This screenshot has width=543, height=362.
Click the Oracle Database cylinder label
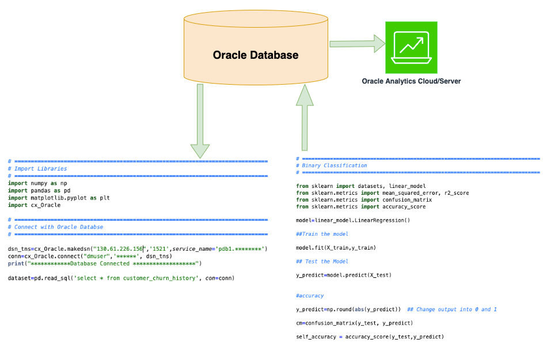(256, 55)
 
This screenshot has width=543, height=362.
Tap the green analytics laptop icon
(411, 47)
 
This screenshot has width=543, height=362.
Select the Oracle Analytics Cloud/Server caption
(411, 81)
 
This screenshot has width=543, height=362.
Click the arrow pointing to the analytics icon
(358, 44)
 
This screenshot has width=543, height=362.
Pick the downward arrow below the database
(200, 121)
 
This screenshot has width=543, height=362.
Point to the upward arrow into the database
(305, 118)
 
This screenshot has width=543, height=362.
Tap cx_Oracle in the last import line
(45, 205)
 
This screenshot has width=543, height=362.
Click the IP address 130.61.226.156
(119, 249)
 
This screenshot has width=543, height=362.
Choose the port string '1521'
(160, 249)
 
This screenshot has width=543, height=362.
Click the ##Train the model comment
(322, 234)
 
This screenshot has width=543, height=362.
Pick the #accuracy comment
(310, 296)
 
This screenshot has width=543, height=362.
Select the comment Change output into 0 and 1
(452, 310)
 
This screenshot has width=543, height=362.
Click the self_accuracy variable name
(316, 337)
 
